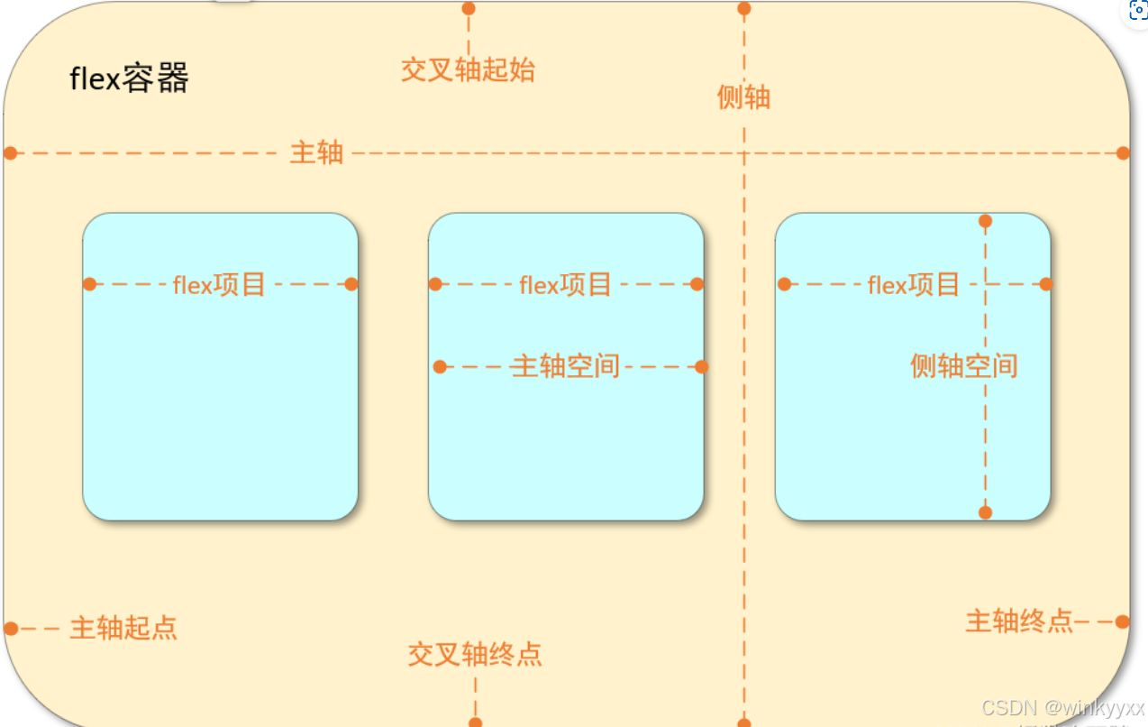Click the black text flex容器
click(130, 79)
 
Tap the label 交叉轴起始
click(468, 69)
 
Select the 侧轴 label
click(743, 97)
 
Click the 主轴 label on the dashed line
click(316, 152)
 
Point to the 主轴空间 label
click(566, 366)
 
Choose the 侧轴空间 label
click(963, 365)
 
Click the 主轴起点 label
click(123, 628)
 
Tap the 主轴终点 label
click(1019, 621)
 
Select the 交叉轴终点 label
click(475, 654)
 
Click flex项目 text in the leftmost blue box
click(219, 285)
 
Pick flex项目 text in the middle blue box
click(566, 285)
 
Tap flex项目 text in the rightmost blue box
click(913, 285)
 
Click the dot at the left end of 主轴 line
click(11, 152)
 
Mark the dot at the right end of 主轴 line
click(1123, 152)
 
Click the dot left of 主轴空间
click(440, 366)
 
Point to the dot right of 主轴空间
click(702, 366)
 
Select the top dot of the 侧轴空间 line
click(985, 221)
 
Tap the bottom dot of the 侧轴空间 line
click(985, 512)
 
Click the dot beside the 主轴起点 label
click(11, 628)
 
